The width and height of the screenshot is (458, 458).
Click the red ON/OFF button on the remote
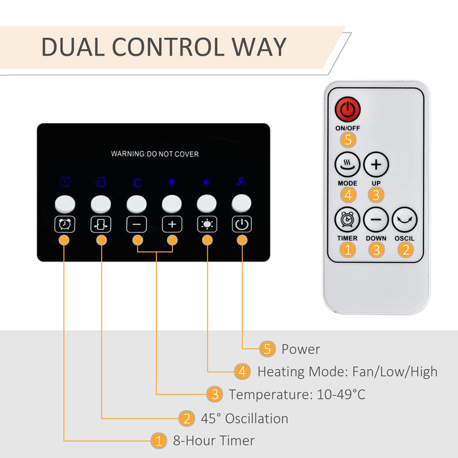(347, 108)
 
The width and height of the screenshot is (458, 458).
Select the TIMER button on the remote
(347, 219)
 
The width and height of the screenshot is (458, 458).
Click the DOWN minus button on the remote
(376, 219)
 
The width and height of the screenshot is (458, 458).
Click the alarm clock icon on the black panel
(65, 224)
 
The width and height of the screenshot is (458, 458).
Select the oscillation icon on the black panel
(101, 224)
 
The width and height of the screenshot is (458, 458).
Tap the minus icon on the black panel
(137, 224)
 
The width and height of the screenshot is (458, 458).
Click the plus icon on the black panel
(172, 224)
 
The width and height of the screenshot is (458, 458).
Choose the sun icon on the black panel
(207, 224)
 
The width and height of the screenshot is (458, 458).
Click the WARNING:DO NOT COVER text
(154, 154)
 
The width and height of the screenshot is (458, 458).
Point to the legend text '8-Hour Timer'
(213, 440)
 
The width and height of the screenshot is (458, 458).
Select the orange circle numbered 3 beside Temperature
(214, 395)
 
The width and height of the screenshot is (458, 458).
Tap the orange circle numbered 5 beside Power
(267, 349)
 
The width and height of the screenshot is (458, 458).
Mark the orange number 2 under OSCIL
(405, 249)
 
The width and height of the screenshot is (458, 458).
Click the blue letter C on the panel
(137, 183)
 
